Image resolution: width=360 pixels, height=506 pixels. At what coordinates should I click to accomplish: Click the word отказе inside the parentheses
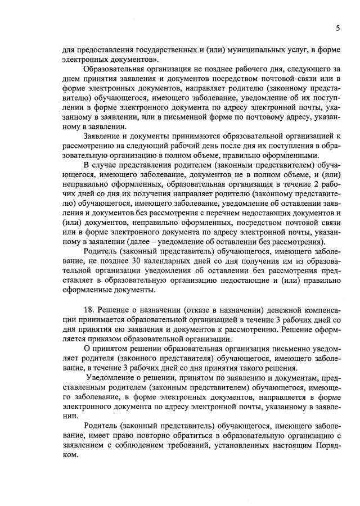pos(201,311)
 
